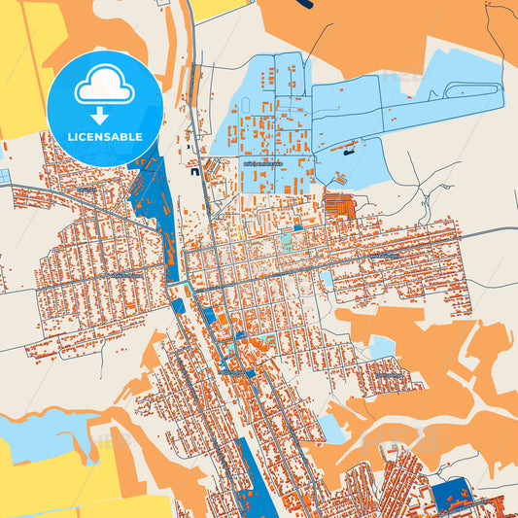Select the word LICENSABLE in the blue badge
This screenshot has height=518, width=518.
coord(105,136)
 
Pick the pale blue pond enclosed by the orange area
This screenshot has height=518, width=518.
coord(382,347)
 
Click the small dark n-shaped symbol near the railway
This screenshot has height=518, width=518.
coord(194,172)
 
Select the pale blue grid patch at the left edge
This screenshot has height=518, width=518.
coord(4,176)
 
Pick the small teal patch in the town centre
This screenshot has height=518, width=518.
coord(286,240)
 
